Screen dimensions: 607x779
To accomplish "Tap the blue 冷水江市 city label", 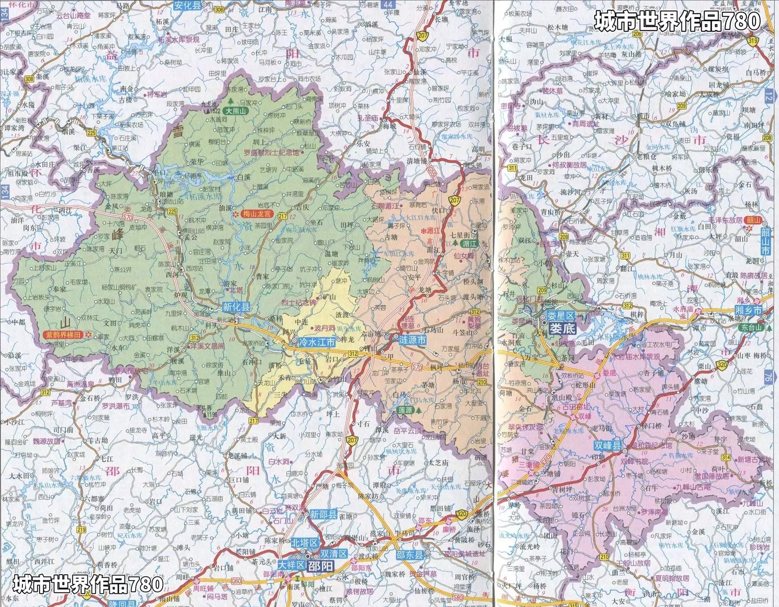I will (x=317, y=342).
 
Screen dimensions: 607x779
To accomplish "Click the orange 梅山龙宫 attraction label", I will (x=256, y=213).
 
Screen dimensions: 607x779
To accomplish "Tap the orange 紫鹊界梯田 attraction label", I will (x=64, y=335).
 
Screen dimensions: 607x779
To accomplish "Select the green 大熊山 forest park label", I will (x=238, y=110).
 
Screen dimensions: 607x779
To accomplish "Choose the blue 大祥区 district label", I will (x=291, y=565).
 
